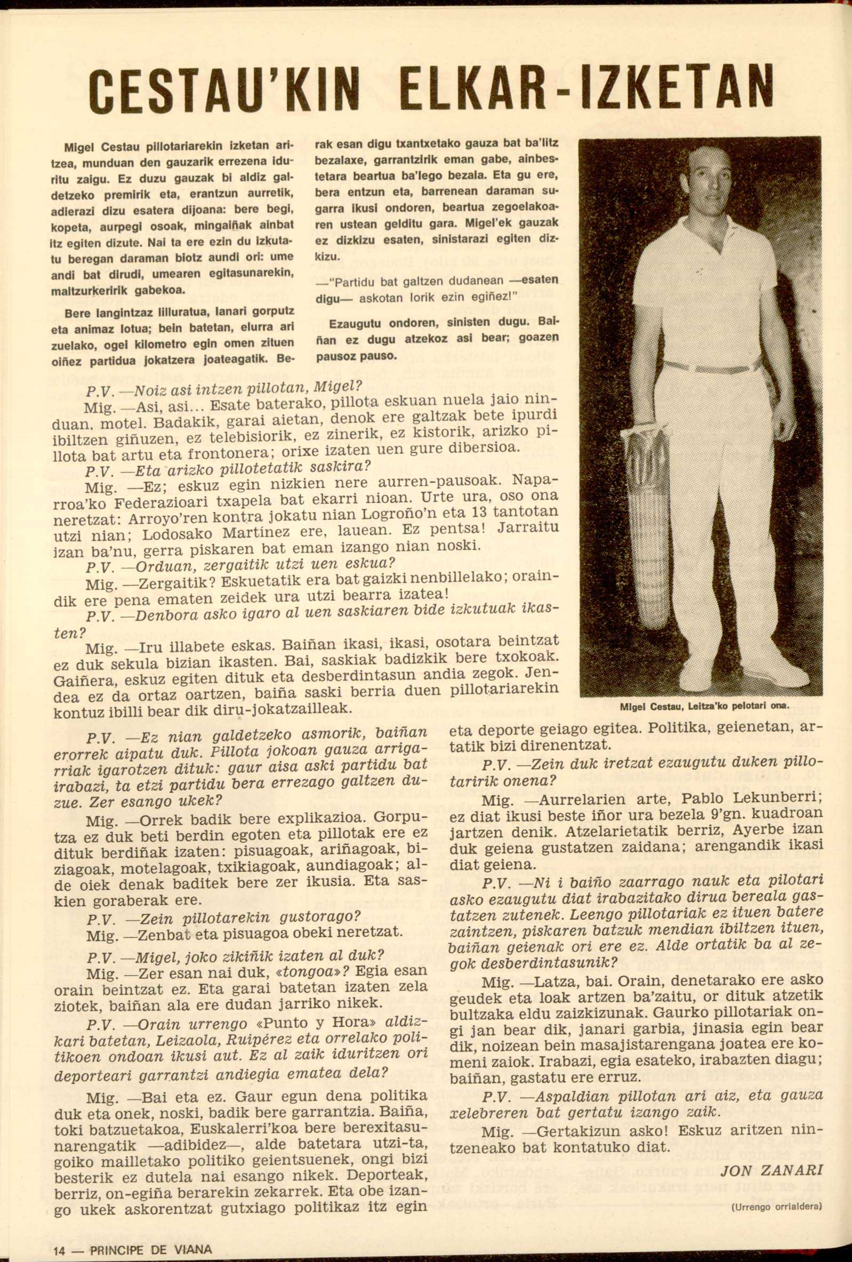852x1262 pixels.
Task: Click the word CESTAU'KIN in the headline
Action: tap(222, 89)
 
